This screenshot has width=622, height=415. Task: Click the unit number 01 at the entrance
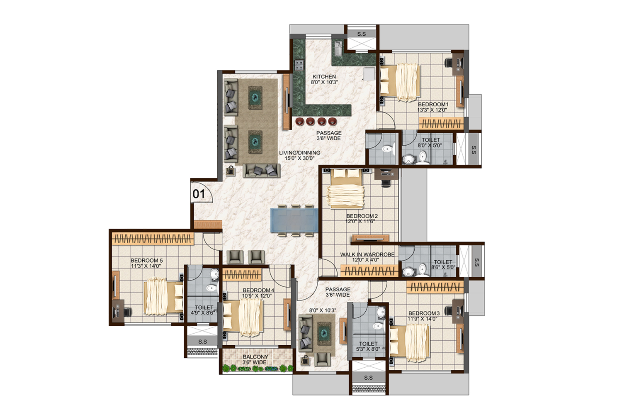click(x=199, y=194)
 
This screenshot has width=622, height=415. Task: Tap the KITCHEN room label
click(x=324, y=76)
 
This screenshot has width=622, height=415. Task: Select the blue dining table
click(x=294, y=221)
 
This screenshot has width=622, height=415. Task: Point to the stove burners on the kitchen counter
click(x=299, y=65)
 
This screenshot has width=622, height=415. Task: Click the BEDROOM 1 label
click(x=433, y=104)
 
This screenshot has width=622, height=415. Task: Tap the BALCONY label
click(x=255, y=356)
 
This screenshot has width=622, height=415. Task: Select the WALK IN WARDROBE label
click(x=367, y=254)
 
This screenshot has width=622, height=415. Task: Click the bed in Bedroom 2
click(x=346, y=188)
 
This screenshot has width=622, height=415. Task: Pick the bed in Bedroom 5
click(x=163, y=297)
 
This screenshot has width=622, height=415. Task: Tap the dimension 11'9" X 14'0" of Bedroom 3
click(x=423, y=319)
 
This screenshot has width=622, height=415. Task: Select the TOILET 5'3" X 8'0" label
click(x=368, y=347)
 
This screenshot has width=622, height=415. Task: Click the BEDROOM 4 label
click(x=258, y=290)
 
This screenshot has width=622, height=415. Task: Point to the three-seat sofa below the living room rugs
click(x=262, y=171)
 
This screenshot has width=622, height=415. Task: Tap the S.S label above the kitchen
click(x=362, y=34)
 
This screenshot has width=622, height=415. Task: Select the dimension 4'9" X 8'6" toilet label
click(x=204, y=313)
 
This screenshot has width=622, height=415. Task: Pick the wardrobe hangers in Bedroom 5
click(x=153, y=239)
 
